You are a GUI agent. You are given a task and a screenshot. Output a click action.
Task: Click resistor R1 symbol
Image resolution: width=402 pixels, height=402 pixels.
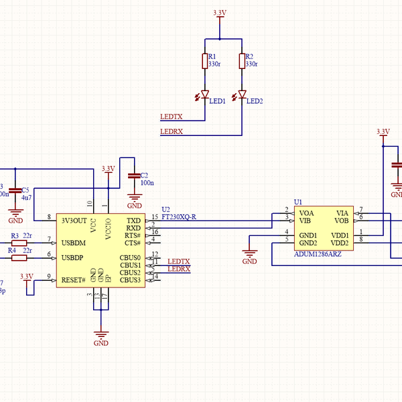click(205, 62)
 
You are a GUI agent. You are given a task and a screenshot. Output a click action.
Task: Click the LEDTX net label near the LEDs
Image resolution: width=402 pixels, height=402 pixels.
click(172, 117)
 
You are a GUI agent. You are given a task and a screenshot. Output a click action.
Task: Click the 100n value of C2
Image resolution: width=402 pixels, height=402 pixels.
click(147, 182)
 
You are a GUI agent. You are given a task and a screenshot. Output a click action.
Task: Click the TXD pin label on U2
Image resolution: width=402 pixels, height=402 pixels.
click(134, 220)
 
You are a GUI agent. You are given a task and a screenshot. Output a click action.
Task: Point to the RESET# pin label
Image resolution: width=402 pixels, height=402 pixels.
click(74, 280)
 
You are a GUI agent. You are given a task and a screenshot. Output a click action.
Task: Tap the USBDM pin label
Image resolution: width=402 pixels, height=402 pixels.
click(74, 243)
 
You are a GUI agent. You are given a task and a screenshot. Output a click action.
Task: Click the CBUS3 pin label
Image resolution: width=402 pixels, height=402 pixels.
click(130, 280)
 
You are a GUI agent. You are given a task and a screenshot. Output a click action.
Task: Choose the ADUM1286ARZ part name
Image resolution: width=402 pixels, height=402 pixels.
click(318, 254)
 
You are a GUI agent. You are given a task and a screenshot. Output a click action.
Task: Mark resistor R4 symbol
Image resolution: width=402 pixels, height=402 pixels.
click(19, 257)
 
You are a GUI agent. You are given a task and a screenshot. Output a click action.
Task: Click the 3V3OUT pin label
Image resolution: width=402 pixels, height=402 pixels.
click(74, 220)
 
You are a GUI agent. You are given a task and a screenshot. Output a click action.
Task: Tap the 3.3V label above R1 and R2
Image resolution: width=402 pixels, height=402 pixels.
click(219, 13)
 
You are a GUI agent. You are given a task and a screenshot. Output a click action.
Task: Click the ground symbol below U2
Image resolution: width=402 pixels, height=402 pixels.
click(101, 336)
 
